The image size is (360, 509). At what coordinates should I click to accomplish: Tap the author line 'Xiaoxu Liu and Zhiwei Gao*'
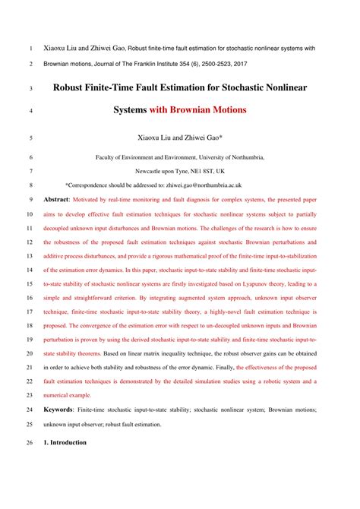click(x=180, y=139)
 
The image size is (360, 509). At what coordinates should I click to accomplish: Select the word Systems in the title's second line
click(x=130, y=110)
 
